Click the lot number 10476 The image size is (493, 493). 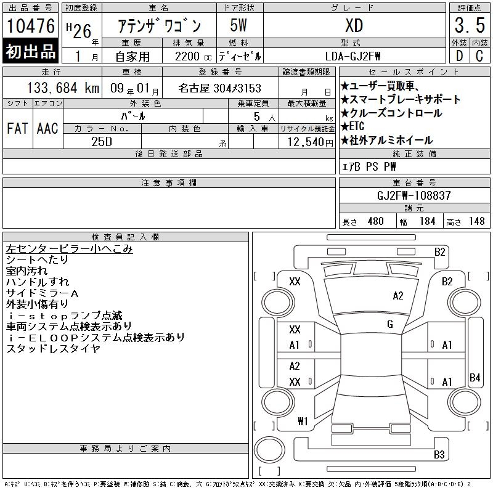[x=30, y=26]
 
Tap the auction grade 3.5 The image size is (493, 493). [x=470, y=25]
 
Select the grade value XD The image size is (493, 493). [x=354, y=25]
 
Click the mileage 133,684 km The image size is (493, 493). [x=63, y=88]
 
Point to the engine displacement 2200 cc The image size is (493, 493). [x=193, y=56]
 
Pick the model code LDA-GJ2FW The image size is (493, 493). [x=352, y=56]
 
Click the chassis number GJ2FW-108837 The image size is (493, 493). [x=414, y=195]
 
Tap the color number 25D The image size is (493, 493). [x=102, y=142]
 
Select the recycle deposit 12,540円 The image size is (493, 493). [x=310, y=142]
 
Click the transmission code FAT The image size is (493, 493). [x=17, y=128]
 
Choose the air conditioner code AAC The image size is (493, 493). [x=47, y=128]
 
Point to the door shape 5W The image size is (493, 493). [x=238, y=25]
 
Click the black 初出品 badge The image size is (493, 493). [x=30, y=51]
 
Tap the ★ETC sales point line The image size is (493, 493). [x=352, y=126]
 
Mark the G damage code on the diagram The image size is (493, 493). [x=390, y=324]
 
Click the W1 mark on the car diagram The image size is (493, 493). [x=303, y=421]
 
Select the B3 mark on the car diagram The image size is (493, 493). [x=439, y=454]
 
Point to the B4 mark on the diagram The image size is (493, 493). [x=475, y=377]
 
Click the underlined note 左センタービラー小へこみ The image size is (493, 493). [x=69, y=249]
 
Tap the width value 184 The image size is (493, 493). [x=427, y=221]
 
